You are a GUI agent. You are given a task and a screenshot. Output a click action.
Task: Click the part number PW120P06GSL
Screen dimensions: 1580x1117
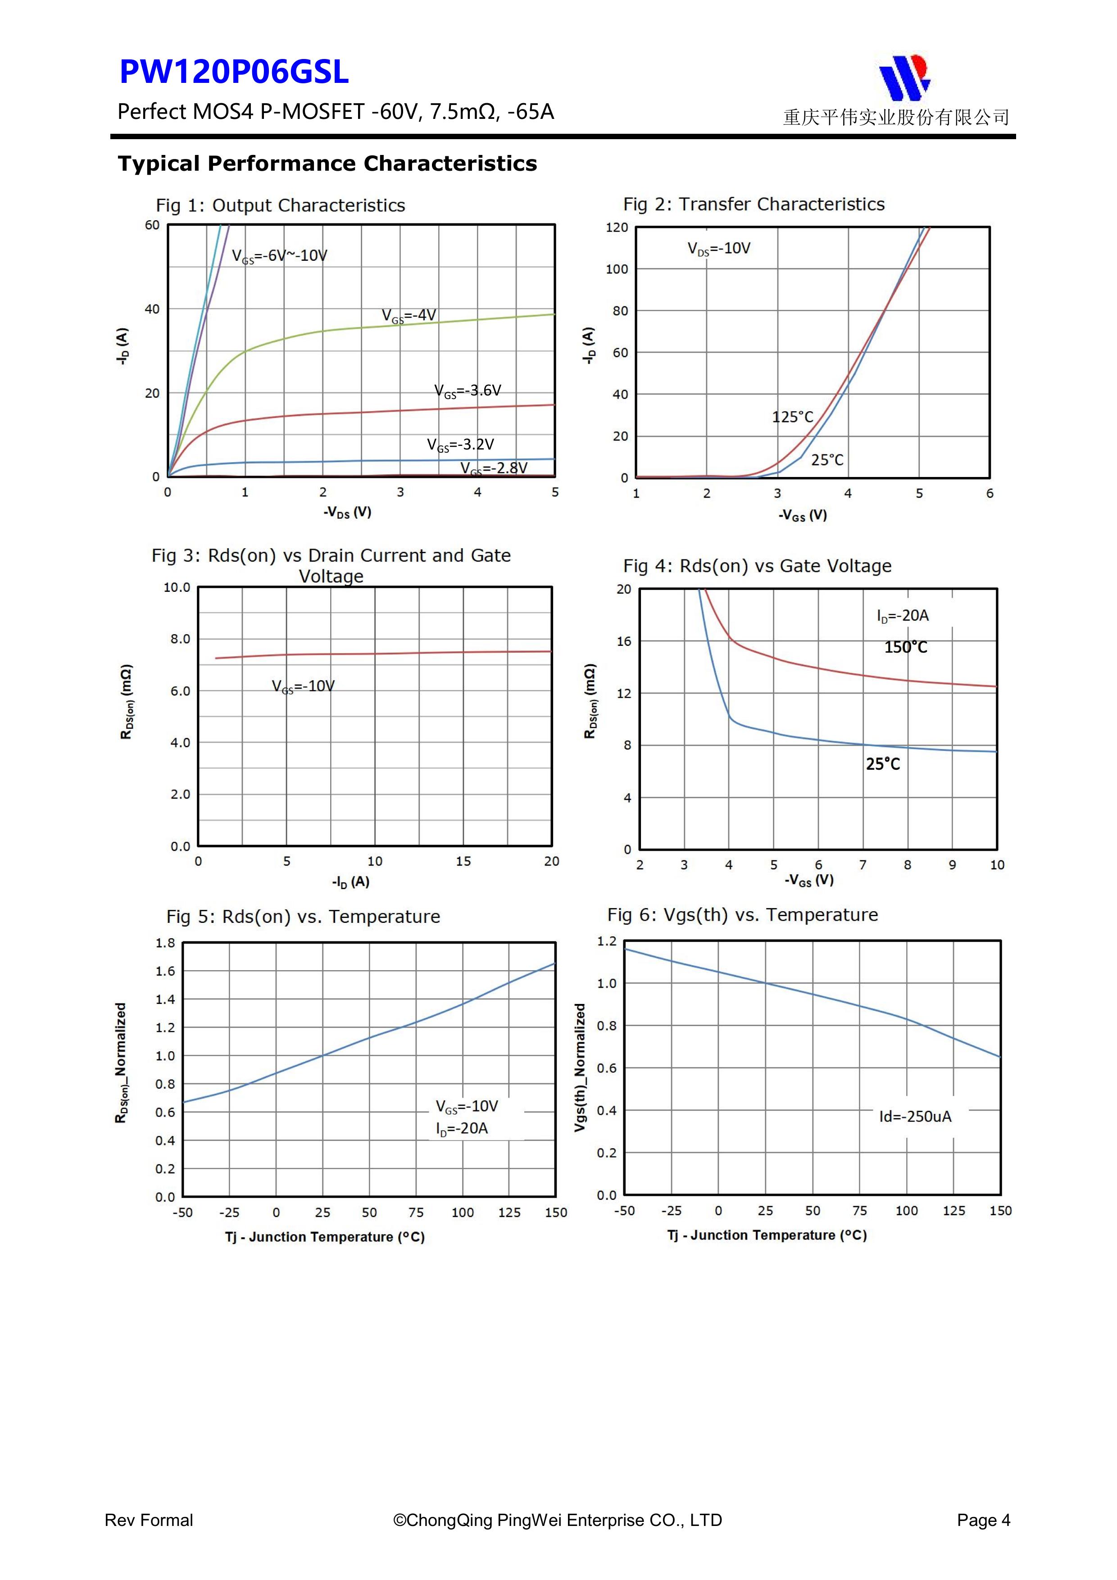pos(234,72)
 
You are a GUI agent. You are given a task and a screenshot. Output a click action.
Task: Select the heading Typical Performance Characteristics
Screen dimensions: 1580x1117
pos(327,164)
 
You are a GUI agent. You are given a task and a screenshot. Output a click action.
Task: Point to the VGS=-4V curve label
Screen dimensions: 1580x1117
pos(409,315)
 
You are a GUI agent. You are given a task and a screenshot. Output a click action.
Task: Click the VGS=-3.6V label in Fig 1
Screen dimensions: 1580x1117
pos(468,391)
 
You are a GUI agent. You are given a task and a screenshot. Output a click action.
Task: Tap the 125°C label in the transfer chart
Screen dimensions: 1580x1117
pos(792,417)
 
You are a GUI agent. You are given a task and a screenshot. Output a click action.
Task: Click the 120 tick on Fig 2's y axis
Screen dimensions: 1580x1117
pos(617,228)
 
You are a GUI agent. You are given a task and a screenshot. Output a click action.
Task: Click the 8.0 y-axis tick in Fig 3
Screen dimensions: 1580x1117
pos(180,639)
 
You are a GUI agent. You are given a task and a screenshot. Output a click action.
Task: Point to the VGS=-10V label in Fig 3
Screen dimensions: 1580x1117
pos(303,686)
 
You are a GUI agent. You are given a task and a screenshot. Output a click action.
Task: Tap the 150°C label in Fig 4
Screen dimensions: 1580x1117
pos(906,648)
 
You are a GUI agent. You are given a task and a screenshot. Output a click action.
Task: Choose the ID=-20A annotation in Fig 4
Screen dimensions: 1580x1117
pos(902,616)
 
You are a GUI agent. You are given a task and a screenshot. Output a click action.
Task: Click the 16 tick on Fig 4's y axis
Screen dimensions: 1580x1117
pos(623,641)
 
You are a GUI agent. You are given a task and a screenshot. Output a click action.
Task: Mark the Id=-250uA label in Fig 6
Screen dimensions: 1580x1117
pos(915,1116)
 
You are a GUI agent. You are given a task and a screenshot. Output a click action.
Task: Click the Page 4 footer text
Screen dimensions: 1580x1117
pos(983,1520)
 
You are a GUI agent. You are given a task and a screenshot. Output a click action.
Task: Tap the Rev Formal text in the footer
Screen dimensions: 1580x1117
pos(149,1520)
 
